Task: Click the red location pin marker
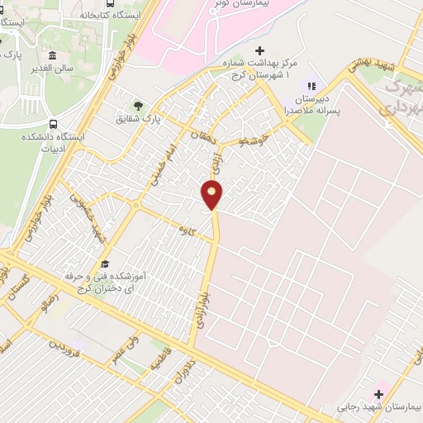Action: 212,195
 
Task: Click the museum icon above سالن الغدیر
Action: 54,36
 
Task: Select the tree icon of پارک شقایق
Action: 138,106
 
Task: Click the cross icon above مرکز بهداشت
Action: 259,51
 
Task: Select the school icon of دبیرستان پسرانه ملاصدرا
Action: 311,84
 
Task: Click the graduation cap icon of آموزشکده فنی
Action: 105,263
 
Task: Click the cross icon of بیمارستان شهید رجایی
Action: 379,393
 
